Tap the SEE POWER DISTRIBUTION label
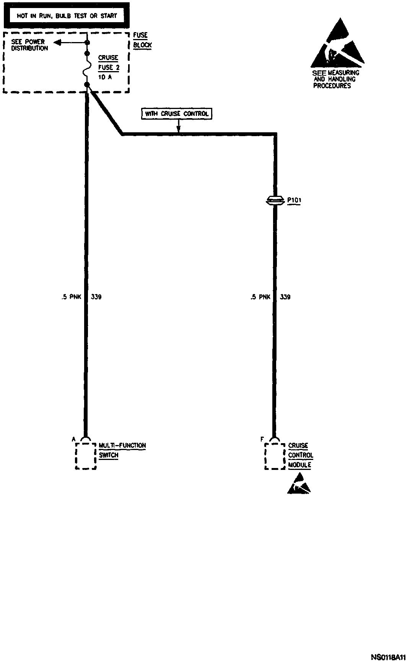coord(29,45)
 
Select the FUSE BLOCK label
coord(142,40)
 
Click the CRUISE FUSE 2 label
coord(109,63)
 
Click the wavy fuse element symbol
coord(87,69)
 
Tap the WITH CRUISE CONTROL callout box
coord(177,114)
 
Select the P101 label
coord(294,200)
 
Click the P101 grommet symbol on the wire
coord(274,200)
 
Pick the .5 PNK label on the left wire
coord(72,297)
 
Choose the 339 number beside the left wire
coord(96,297)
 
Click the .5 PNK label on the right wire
coord(260,297)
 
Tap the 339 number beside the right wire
coord(285,297)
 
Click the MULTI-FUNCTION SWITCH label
coord(122,450)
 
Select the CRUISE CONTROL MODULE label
coord(300,455)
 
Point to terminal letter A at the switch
coord(74,439)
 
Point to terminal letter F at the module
coord(262,439)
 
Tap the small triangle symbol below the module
coord(299,484)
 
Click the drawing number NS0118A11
coord(388,657)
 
